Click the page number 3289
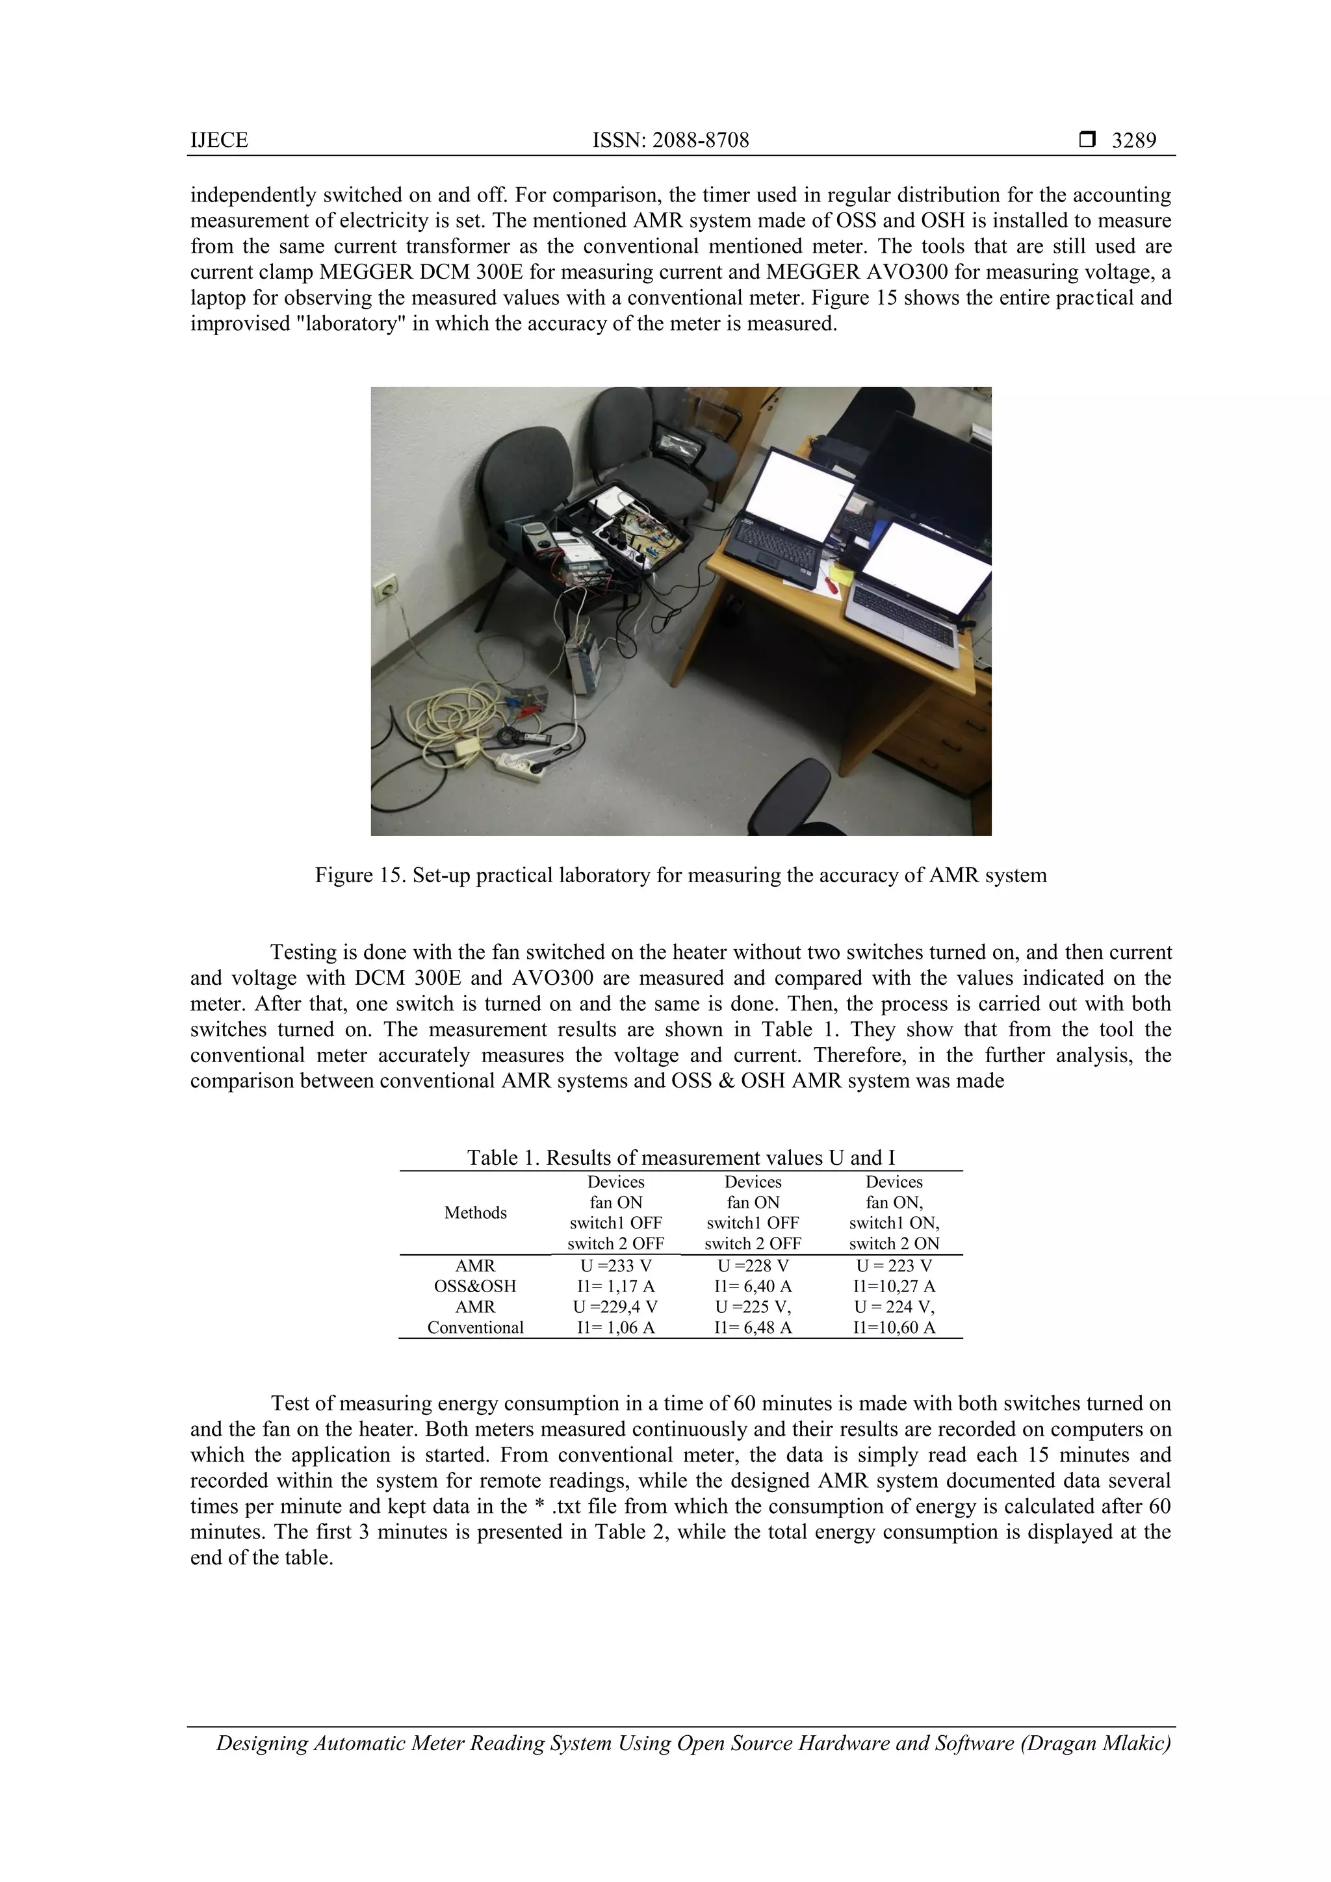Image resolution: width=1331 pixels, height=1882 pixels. (x=1133, y=140)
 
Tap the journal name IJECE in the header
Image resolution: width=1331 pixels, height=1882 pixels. (x=219, y=140)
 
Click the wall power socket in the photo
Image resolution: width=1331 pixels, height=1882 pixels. (x=383, y=589)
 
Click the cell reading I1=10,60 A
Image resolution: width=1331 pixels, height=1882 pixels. (x=894, y=1327)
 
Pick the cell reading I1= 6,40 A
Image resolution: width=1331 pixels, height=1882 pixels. (x=753, y=1286)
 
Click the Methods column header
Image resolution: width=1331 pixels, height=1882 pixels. (x=475, y=1212)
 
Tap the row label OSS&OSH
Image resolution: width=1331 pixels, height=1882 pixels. (x=475, y=1286)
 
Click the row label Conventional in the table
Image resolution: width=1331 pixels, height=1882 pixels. (x=475, y=1327)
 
